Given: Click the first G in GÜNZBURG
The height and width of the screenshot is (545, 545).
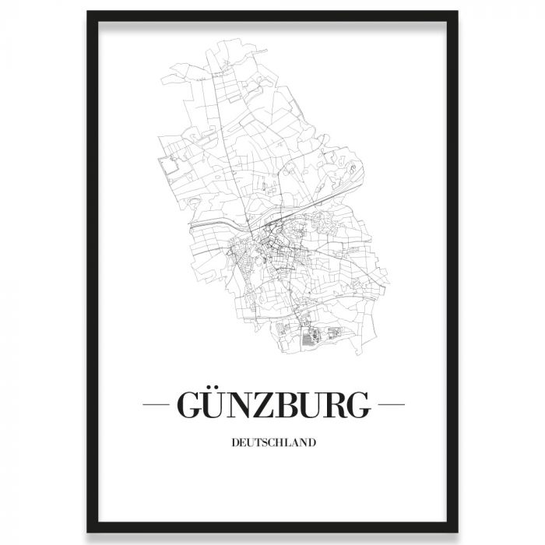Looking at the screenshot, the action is coord(191,405).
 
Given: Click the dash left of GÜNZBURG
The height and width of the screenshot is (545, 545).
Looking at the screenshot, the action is coord(160,406).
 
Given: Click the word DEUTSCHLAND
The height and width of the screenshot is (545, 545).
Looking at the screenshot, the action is coord(272,445).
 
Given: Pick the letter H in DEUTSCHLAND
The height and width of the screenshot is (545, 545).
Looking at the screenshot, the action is coord(278,445).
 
